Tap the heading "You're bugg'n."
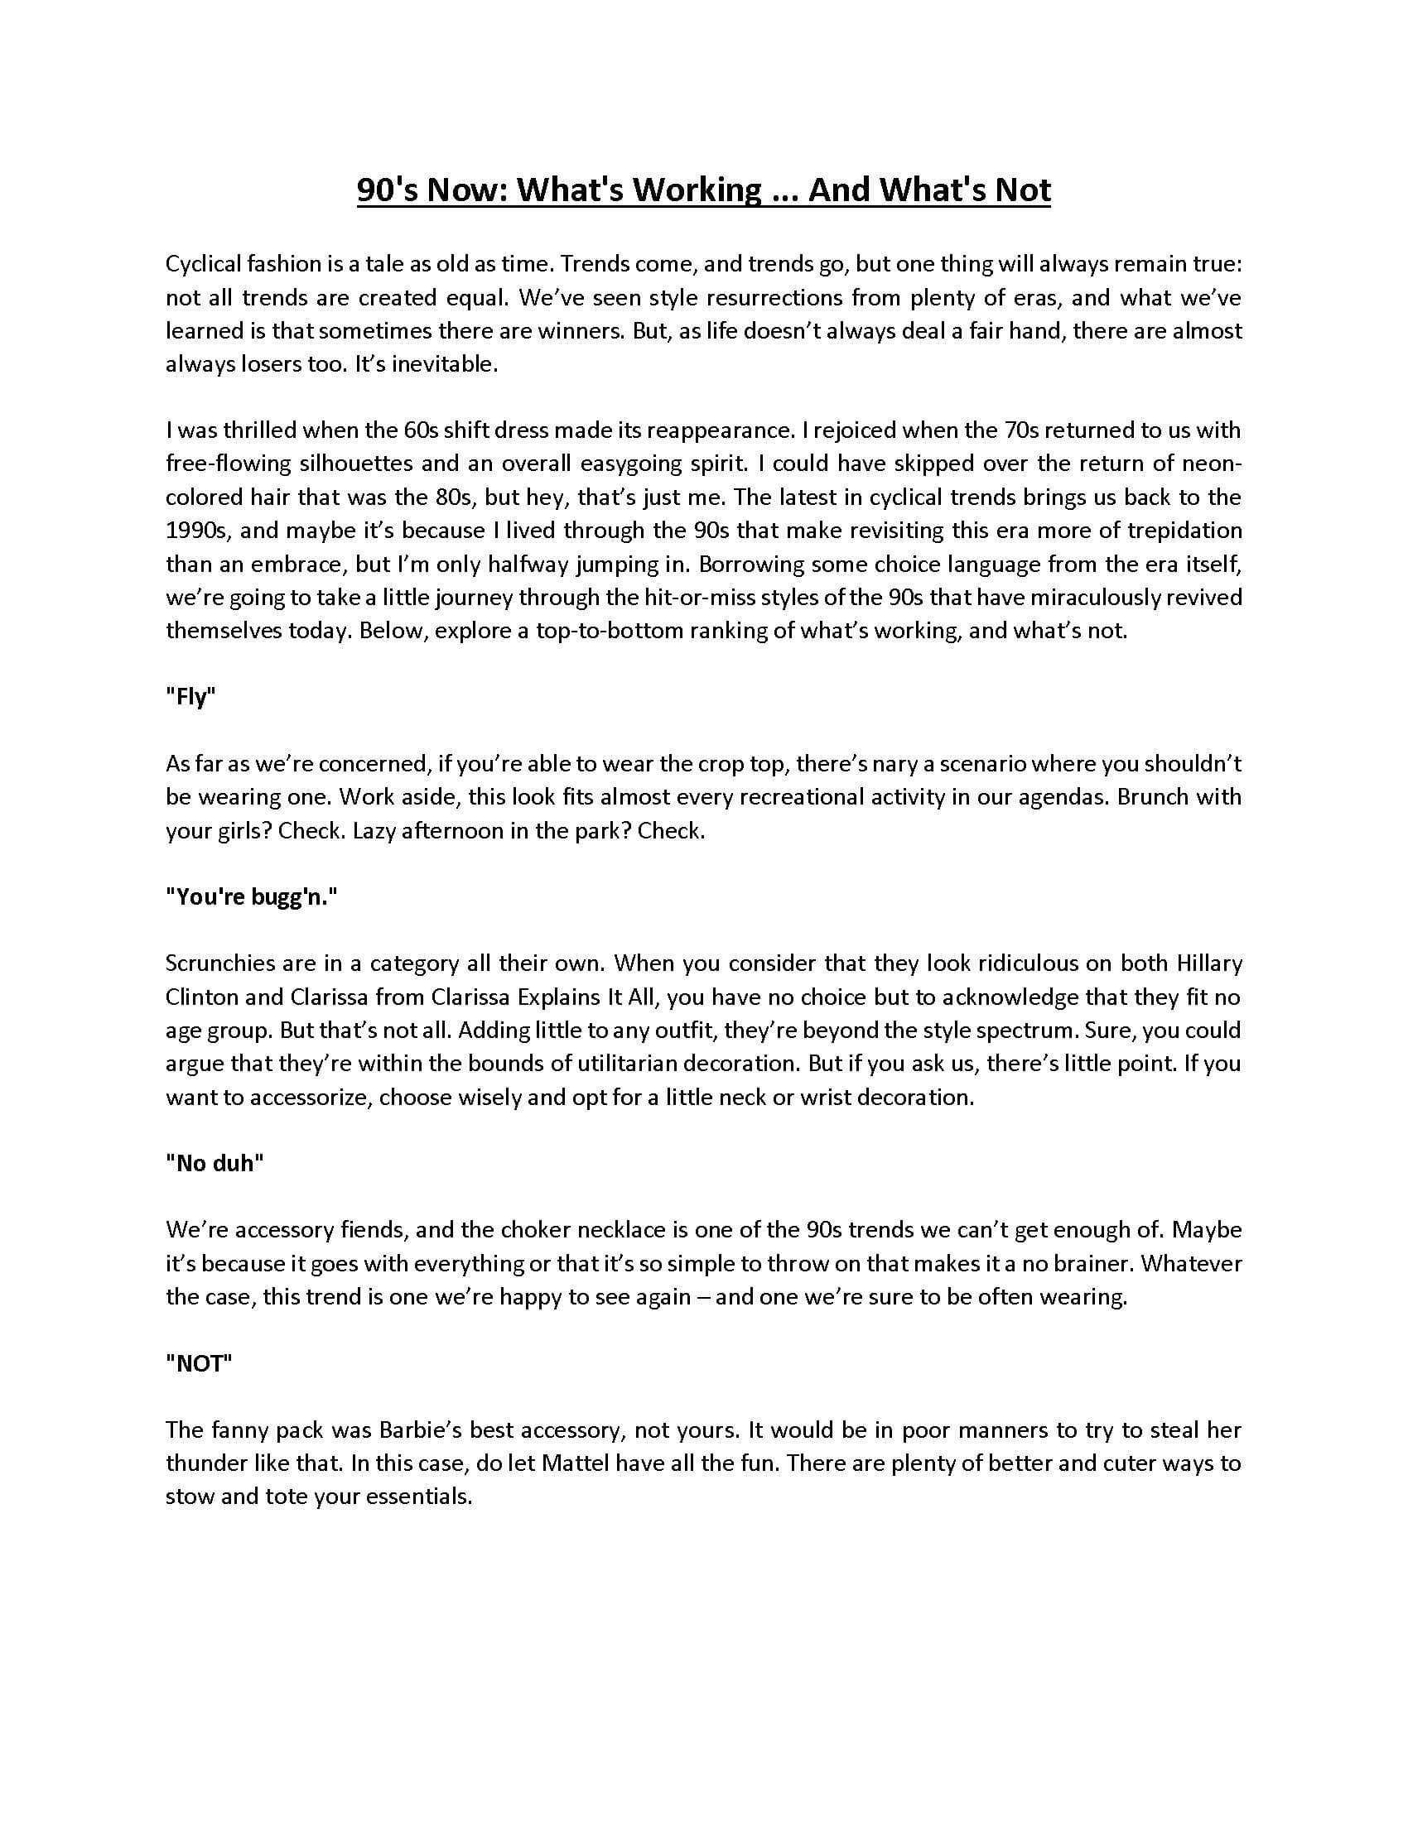[x=251, y=897]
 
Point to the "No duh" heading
[x=215, y=1163]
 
